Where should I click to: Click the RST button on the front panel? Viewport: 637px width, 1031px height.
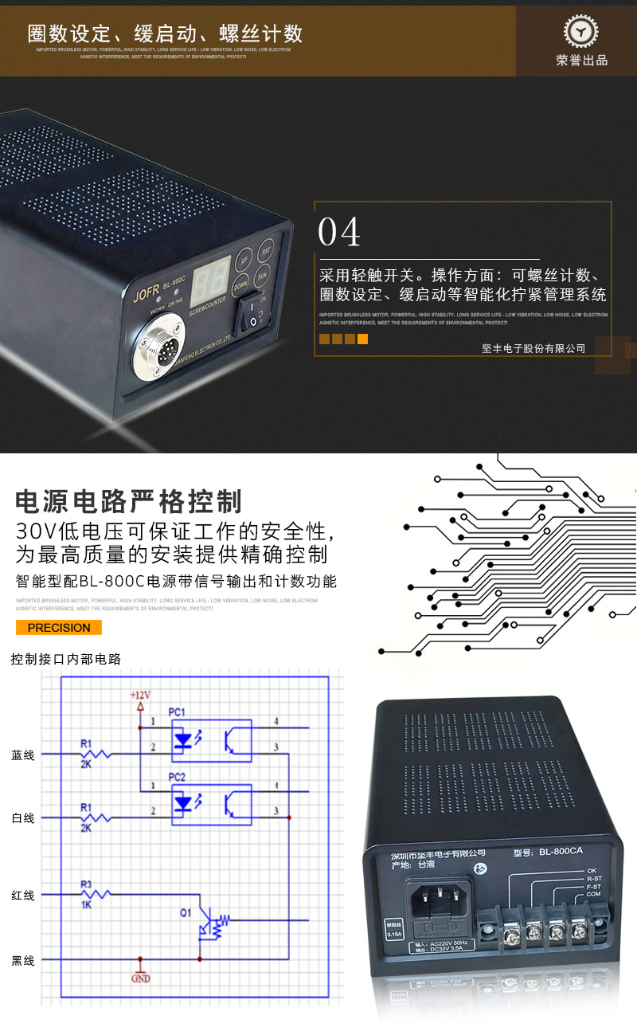point(267,248)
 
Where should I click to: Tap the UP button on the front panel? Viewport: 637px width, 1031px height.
point(244,260)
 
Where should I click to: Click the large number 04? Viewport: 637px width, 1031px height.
point(339,232)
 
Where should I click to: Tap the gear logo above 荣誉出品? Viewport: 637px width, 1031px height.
point(581,32)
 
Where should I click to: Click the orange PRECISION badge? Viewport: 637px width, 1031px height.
point(59,627)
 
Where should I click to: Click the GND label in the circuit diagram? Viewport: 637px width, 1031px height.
point(140,978)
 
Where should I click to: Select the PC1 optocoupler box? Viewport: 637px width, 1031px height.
point(212,738)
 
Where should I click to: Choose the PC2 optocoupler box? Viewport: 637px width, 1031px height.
point(212,803)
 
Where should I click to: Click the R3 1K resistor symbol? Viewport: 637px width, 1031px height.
point(96,895)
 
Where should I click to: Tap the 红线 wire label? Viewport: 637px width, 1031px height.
point(23,895)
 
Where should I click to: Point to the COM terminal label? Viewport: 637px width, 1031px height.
point(593,894)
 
